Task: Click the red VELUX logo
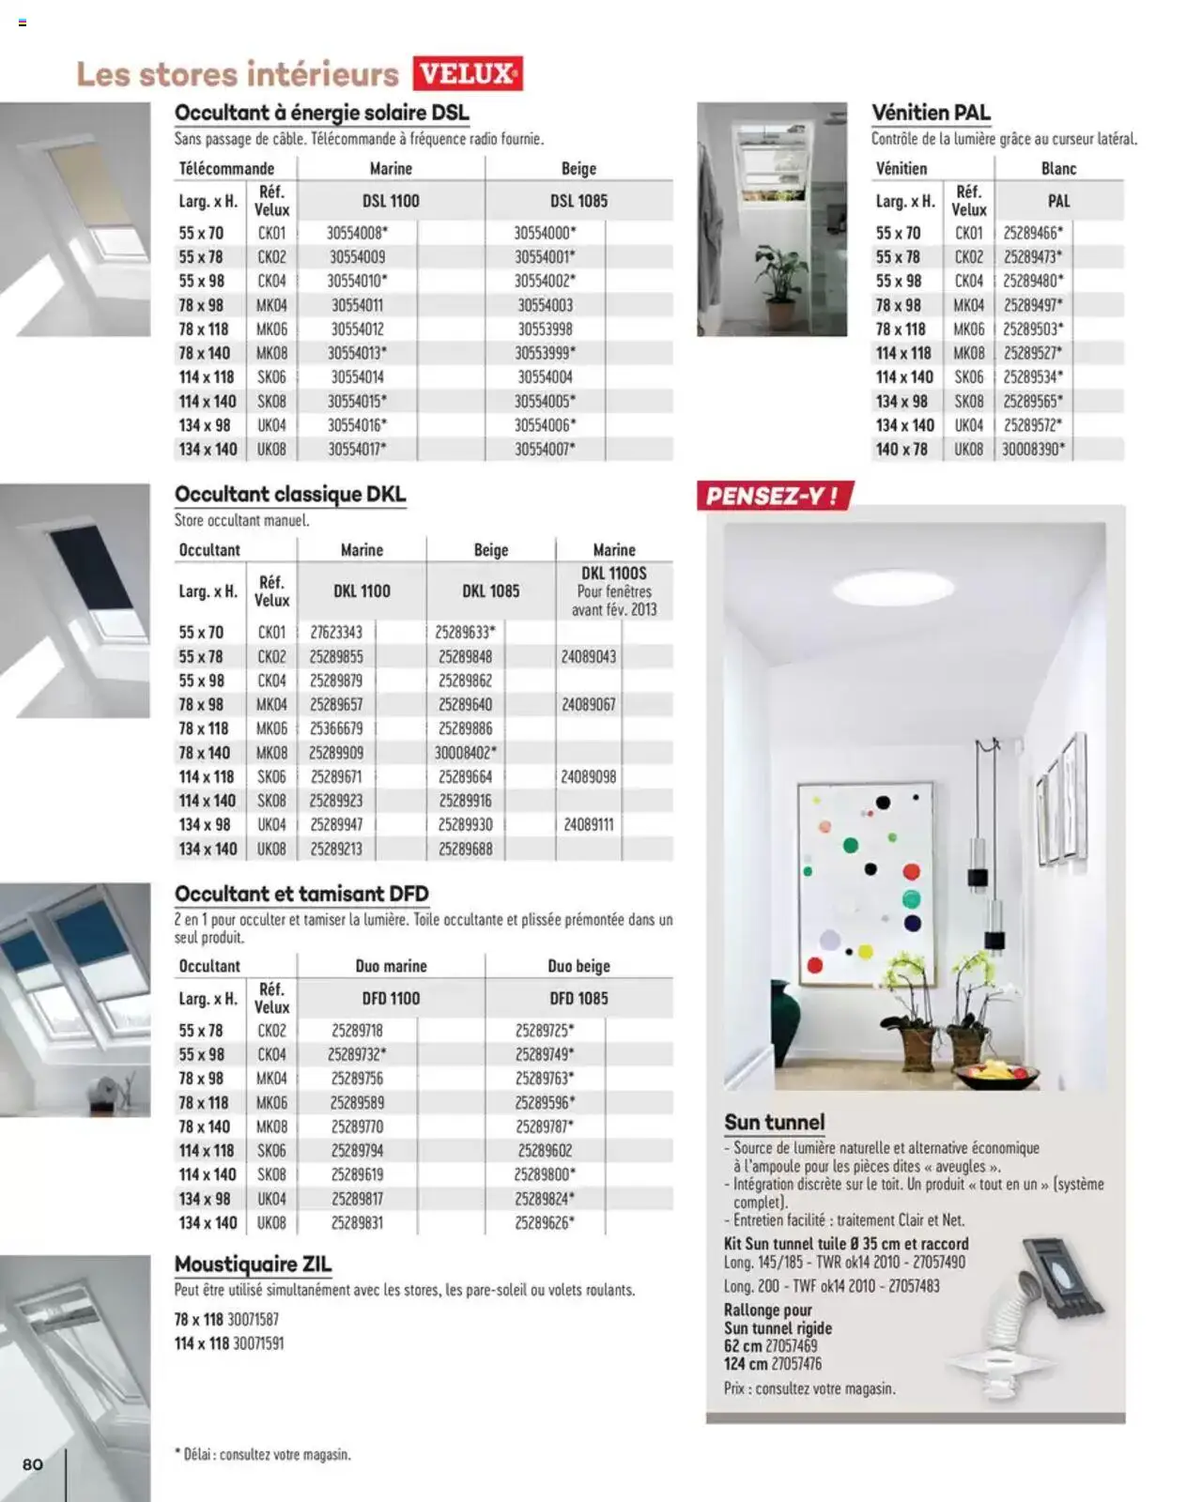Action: [x=467, y=73]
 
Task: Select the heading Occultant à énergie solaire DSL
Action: [x=321, y=113]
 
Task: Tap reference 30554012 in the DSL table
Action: [x=357, y=330]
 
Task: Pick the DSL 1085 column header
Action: [x=578, y=201]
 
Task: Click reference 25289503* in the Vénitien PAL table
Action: [x=1033, y=330]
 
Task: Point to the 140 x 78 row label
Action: [x=901, y=450]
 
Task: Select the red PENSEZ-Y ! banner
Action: [x=773, y=496]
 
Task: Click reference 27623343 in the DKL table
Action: [x=336, y=633]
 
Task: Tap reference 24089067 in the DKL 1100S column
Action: [x=589, y=705]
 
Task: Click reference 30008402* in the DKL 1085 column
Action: [x=465, y=753]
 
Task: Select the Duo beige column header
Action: [x=578, y=966]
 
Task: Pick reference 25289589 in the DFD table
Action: [x=357, y=1103]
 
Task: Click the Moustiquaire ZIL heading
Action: [x=253, y=1264]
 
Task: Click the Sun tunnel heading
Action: [x=774, y=1122]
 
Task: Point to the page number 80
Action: [x=33, y=1464]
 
